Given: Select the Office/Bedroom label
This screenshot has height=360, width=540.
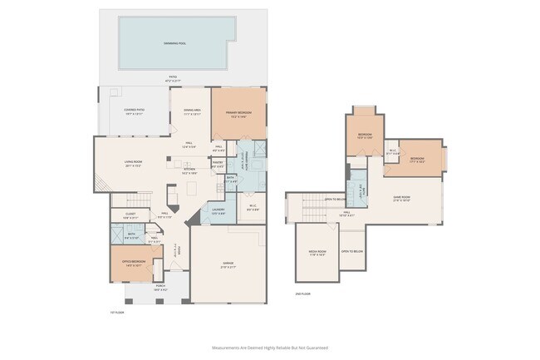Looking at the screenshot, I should pos(133,265).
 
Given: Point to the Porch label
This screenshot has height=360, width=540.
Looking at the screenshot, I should pos(160,288).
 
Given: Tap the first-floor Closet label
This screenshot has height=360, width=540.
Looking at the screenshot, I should pos(130,215).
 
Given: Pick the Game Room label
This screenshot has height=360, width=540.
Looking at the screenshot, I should pos(403,199).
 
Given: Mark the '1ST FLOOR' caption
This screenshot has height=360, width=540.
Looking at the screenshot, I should pos(117,313).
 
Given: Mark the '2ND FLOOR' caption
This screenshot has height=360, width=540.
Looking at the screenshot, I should pos(302,293).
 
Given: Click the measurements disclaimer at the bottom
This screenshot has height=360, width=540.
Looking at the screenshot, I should pos(270,347).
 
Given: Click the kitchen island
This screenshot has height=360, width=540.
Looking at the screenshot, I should pos(172,195).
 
